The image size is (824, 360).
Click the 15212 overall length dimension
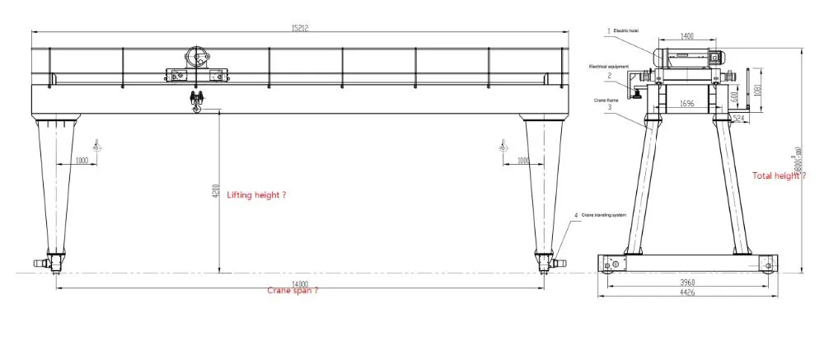(299, 26)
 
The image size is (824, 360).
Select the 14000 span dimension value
(299, 282)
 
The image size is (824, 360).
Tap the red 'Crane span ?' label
(293, 291)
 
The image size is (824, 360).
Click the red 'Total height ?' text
(778, 175)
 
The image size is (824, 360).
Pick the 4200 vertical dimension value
(213, 190)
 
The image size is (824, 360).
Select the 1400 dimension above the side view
(687, 36)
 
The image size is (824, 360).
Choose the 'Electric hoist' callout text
(625, 30)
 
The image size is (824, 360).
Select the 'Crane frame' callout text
(606, 98)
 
